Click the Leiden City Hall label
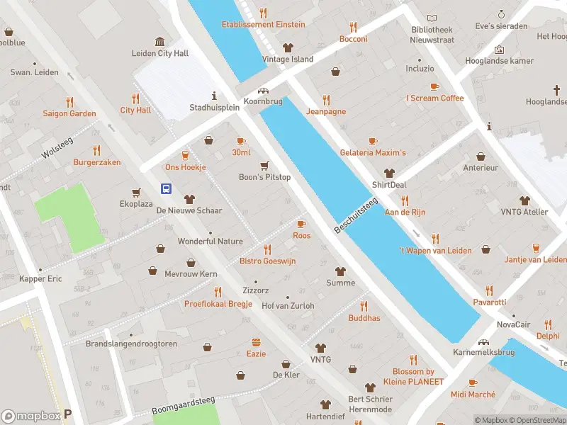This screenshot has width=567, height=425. tap(160, 53)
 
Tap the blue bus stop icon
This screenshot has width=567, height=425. tap(166, 188)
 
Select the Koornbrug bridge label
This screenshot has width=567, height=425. tap(263, 102)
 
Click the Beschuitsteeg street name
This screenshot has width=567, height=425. tap(356, 217)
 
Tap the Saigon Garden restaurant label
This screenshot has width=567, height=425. tap(69, 113)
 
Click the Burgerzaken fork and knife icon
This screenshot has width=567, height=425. tap(97, 150)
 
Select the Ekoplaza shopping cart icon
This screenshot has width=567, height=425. tap(136, 192)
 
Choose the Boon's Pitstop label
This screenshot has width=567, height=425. tap(264, 177)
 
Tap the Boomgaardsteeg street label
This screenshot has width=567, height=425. tap(183, 406)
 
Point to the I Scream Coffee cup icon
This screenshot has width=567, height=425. tap(434, 86)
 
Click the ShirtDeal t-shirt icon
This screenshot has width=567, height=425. tap(389, 173)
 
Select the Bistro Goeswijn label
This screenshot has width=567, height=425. tap(267, 261)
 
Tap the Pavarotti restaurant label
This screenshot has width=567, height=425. tap(490, 302)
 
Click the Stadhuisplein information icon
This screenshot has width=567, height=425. tap(214, 96)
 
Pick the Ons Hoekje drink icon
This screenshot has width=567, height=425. tap(186, 155)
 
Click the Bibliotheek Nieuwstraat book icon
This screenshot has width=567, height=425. tap(432, 18)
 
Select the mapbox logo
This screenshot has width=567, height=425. tap(31, 416)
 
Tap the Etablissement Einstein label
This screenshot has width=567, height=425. tap(263, 24)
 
